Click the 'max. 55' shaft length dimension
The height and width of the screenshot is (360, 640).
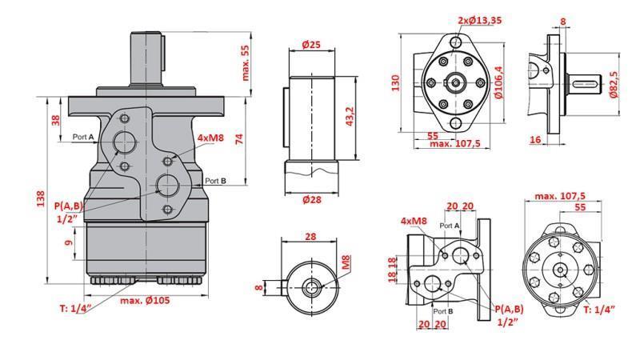(x=246, y=62)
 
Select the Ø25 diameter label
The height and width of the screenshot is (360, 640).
(x=312, y=46)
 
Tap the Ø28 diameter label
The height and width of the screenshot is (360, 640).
(x=312, y=200)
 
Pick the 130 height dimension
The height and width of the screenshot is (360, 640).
(x=395, y=83)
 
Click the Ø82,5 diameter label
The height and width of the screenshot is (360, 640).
(x=614, y=84)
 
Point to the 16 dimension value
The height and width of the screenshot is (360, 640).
(x=535, y=139)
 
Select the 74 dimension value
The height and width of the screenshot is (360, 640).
(x=239, y=138)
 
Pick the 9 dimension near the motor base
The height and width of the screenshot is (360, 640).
(x=69, y=238)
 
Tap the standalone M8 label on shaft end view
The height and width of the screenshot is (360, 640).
(x=346, y=261)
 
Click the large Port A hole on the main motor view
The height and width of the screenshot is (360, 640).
(x=125, y=142)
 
